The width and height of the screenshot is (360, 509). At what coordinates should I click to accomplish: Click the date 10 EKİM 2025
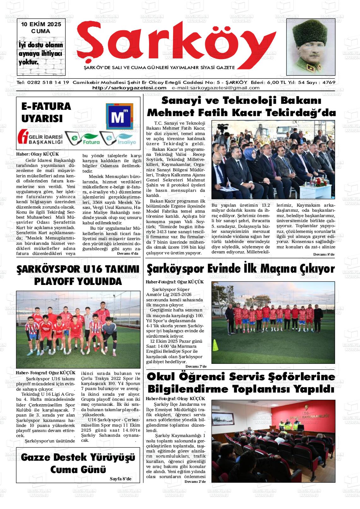pyautogui.click(x=41, y=25)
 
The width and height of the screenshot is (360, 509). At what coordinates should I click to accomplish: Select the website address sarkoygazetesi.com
pyautogui.click(x=129, y=88)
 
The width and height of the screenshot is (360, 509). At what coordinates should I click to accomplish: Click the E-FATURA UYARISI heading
pyautogui.click(x=46, y=112)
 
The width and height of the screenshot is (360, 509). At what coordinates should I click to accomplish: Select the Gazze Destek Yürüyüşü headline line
pyautogui.click(x=78, y=457)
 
